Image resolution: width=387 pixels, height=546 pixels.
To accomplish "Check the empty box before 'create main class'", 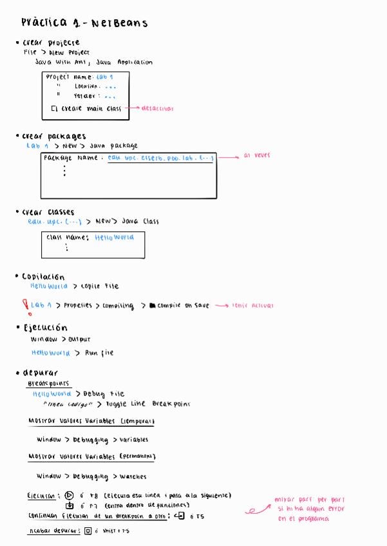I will coord(54,109).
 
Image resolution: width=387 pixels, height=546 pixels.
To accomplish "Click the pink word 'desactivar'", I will coord(158,109).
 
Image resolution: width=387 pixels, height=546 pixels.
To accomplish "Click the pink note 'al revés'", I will coord(257,155).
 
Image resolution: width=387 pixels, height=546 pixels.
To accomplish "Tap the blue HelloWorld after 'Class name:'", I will coord(115,237).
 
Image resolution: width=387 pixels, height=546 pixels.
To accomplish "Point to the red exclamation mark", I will coord(24,305).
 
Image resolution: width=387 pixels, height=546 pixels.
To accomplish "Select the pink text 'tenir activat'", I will coord(253,306).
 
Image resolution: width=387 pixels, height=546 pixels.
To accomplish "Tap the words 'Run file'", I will coord(99,353).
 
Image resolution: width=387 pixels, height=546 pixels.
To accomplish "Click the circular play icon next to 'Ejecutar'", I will coord(70,495).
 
